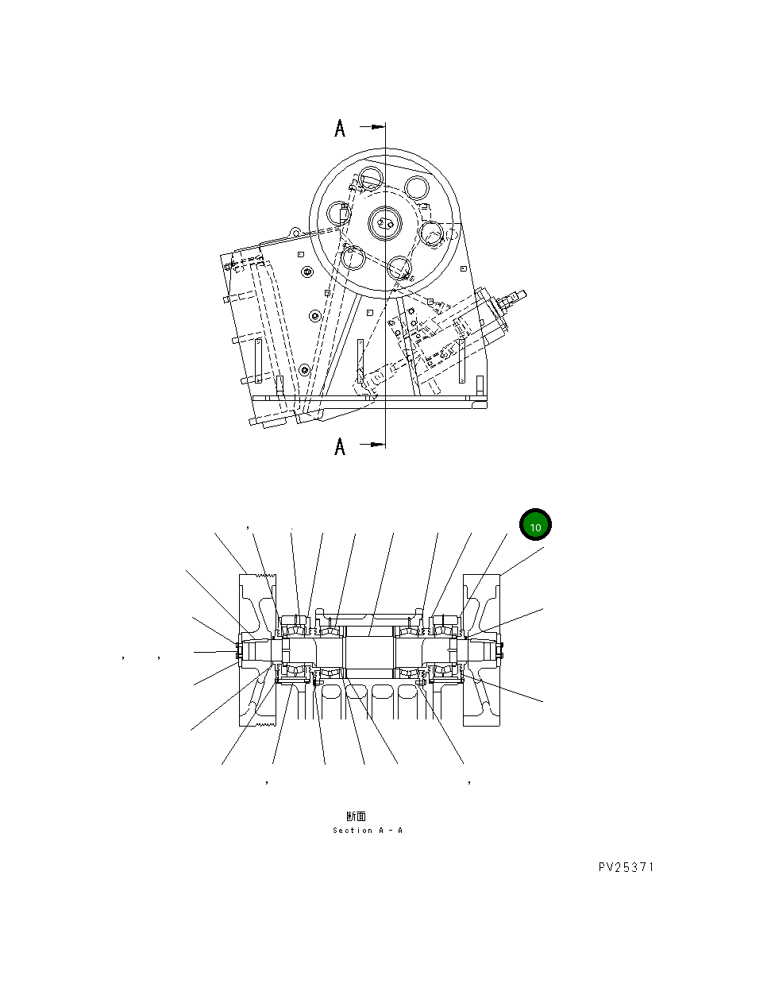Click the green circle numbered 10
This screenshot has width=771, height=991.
click(535, 526)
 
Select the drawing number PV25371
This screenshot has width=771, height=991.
click(626, 867)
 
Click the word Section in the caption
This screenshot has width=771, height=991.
click(352, 831)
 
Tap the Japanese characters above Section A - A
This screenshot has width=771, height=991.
click(356, 816)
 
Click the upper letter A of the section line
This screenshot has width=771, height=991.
click(340, 128)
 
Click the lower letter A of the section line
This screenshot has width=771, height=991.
click(340, 447)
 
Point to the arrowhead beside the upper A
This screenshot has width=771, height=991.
click(376, 126)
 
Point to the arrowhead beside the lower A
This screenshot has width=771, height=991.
click(376, 445)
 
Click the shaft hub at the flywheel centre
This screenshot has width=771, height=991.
click(386, 222)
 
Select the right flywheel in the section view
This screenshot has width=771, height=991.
click(482, 650)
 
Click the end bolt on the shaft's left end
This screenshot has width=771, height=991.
click(238, 650)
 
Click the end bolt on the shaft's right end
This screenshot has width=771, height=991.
click(500, 650)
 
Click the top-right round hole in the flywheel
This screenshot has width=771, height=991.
click(417, 187)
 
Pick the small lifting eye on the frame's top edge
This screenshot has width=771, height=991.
click(295, 233)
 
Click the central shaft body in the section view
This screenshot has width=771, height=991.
click(369, 650)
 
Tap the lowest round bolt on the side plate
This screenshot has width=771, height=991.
click(304, 370)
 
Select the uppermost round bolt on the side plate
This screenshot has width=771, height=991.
click(307, 272)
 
